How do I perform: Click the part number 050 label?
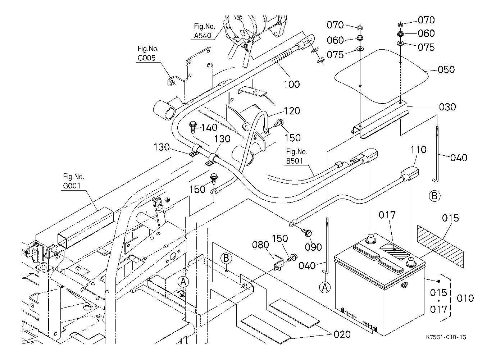click(x=446, y=69)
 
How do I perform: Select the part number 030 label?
click(x=447, y=107)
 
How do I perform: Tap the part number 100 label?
click(x=292, y=84)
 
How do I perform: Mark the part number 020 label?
click(x=342, y=334)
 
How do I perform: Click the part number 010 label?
click(x=465, y=298)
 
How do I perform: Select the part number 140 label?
click(x=209, y=127)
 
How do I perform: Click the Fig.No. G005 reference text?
click(x=147, y=53)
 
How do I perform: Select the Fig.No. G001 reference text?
click(x=73, y=181)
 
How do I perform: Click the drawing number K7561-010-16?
click(x=446, y=337)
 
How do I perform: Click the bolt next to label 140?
click(x=193, y=126)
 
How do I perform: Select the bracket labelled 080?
click(x=277, y=261)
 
